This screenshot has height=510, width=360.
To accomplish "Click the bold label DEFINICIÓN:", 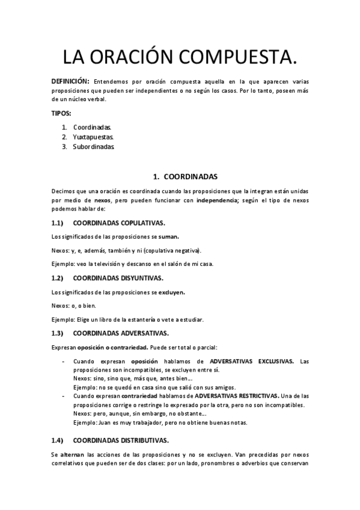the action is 70,81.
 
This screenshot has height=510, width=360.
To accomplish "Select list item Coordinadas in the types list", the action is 92,127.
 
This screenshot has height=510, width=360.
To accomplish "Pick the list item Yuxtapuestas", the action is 93,137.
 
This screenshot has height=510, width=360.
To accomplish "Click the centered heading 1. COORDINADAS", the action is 180,177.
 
